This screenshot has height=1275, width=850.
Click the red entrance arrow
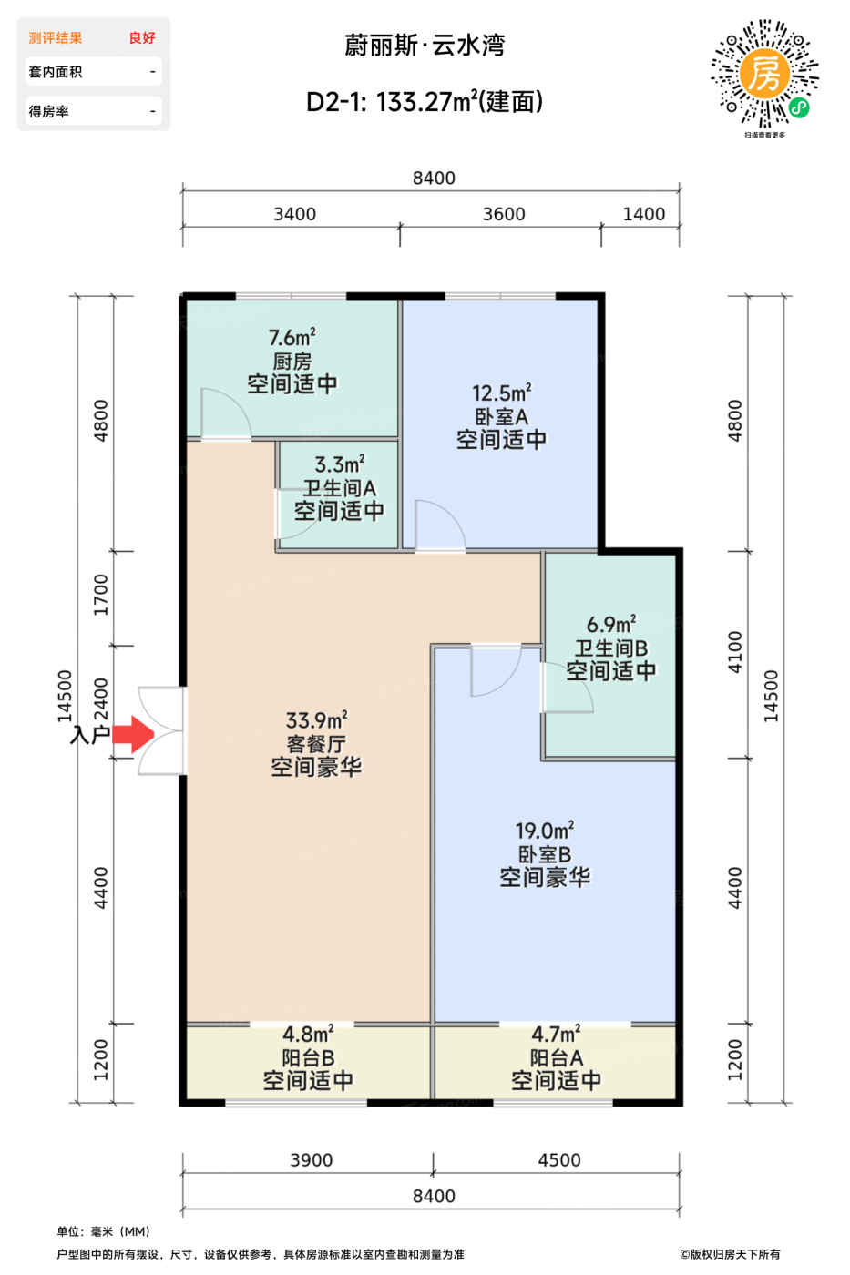point(133,734)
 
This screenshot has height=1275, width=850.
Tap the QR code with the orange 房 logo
point(764,74)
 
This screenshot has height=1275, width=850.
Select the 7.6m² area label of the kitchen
point(292,338)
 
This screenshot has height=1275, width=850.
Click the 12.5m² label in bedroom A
point(502,393)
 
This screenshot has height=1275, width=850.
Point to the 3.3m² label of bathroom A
point(340,464)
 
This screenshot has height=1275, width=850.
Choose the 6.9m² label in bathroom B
point(611,625)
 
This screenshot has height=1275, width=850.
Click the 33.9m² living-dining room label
point(316,720)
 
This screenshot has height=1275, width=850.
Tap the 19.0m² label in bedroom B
point(545,831)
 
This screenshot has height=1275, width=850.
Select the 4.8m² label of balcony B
point(308,1034)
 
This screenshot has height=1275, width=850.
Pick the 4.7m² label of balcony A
point(557,1034)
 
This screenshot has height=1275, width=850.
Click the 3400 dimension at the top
point(295,214)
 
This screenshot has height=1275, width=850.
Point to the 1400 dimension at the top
point(644,214)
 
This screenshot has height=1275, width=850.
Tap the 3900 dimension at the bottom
point(312,1160)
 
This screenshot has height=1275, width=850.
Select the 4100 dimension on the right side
point(735,652)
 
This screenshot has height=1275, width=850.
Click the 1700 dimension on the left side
point(100,595)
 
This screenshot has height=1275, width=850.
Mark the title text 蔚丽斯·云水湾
point(425,46)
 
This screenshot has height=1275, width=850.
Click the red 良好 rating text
point(142,38)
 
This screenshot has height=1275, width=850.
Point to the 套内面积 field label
point(56,72)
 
